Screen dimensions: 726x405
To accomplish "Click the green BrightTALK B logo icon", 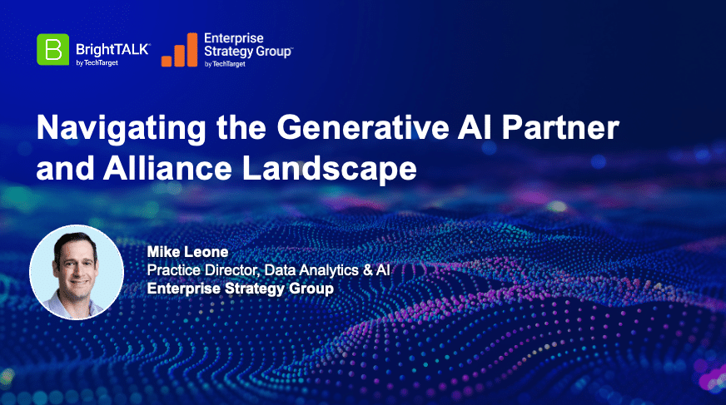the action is point(52,49).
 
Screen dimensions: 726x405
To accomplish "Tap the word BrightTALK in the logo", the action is point(112,49).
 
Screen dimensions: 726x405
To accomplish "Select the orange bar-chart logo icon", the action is point(179,50).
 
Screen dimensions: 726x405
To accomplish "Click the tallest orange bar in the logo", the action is point(192,50).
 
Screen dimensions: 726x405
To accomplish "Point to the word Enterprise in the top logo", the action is point(234,38).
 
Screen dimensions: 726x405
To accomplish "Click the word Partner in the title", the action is point(560,127).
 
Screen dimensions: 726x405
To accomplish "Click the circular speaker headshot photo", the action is point(77,272).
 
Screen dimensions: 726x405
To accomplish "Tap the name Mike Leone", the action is point(187,251).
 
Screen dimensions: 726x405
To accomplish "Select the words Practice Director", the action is point(205,270).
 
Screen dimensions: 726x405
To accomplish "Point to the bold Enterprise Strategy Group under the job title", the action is point(241,289).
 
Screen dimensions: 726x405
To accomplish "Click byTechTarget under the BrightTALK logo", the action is point(97,63).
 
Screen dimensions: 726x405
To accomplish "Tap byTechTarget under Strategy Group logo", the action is point(225,64).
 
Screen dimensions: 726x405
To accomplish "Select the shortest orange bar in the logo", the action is point(167,61).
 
